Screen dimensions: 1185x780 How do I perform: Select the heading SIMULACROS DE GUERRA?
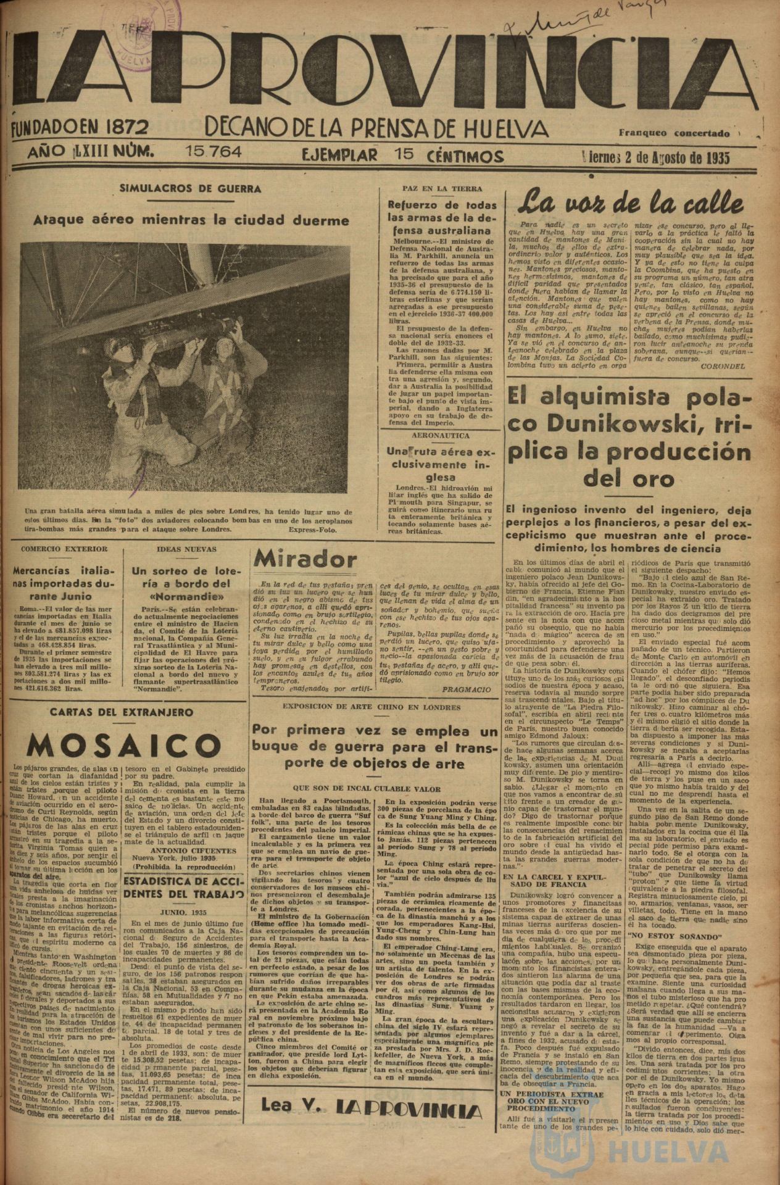[190, 190]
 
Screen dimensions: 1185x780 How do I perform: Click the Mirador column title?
[305, 560]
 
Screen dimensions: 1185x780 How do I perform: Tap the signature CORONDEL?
[723, 366]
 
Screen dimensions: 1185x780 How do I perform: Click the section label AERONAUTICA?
[439, 435]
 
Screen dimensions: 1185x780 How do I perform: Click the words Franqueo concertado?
[674, 133]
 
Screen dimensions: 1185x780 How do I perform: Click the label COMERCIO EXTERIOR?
[64, 549]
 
